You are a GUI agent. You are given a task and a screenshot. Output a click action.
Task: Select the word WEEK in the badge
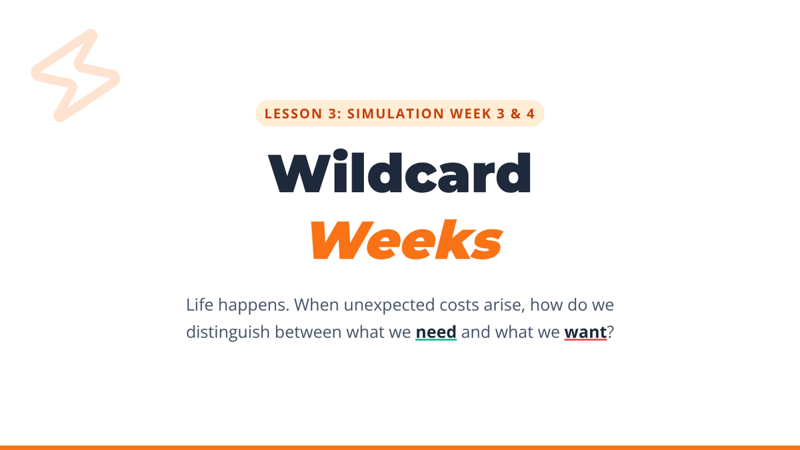tap(471, 113)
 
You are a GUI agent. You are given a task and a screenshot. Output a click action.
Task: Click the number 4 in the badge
tap(531, 113)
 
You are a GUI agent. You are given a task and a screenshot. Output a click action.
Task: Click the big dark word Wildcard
tap(399, 171)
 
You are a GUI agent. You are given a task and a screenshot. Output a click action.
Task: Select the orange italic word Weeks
tap(407, 239)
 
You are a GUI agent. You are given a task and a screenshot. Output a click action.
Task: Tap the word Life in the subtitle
tap(199, 305)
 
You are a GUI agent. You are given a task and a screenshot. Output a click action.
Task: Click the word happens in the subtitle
tap(253, 306)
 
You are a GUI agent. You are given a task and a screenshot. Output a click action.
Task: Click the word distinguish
tap(228, 333)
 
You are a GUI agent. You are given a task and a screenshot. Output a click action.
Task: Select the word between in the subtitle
tap(308, 332)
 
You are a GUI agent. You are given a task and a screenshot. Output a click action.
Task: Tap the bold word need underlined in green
tap(436, 332)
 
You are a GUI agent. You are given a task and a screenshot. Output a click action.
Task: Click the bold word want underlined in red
tap(585, 332)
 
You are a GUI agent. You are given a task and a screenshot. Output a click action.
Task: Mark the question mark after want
tap(611, 332)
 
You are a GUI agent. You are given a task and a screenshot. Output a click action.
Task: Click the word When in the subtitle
tap(317, 305)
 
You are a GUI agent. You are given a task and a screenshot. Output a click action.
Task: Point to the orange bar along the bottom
tap(400, 448)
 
